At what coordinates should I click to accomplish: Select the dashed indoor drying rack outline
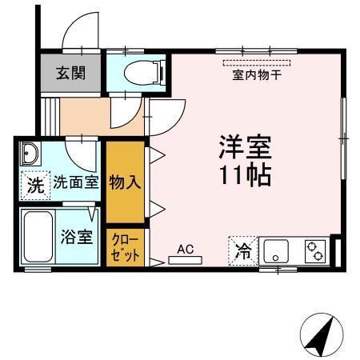point(257,62)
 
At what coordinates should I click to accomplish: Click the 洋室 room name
point(246,147)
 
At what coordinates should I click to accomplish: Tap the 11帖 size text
point(246,174)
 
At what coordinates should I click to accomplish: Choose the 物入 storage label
point(126,181)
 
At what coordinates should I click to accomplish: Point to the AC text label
point(186,249)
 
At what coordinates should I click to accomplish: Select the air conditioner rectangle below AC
point(186,259)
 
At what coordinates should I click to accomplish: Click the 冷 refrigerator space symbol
point(243,251)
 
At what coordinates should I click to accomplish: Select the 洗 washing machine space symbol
point(34,186)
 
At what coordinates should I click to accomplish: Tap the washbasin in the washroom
point(30,153)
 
